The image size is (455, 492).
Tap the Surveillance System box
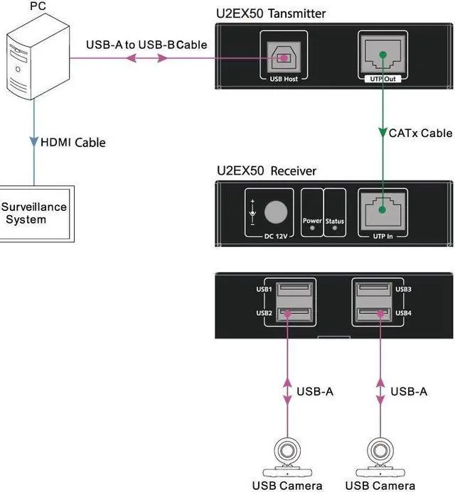coord(35,213)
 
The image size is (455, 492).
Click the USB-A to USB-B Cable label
coord(146,45)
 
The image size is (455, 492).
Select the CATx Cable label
coord(420,133)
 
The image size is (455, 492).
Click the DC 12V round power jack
coord(277,212)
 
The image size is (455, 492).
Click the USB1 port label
coord(264,290)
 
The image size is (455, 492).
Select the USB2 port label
coord(264,312)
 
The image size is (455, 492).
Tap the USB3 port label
coord(403,290)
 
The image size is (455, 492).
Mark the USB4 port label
coord(403,312)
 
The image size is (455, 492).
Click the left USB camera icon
coord(287,455)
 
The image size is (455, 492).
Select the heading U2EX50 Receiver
coord(266,171)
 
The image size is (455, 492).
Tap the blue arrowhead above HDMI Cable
coord(33,142)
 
